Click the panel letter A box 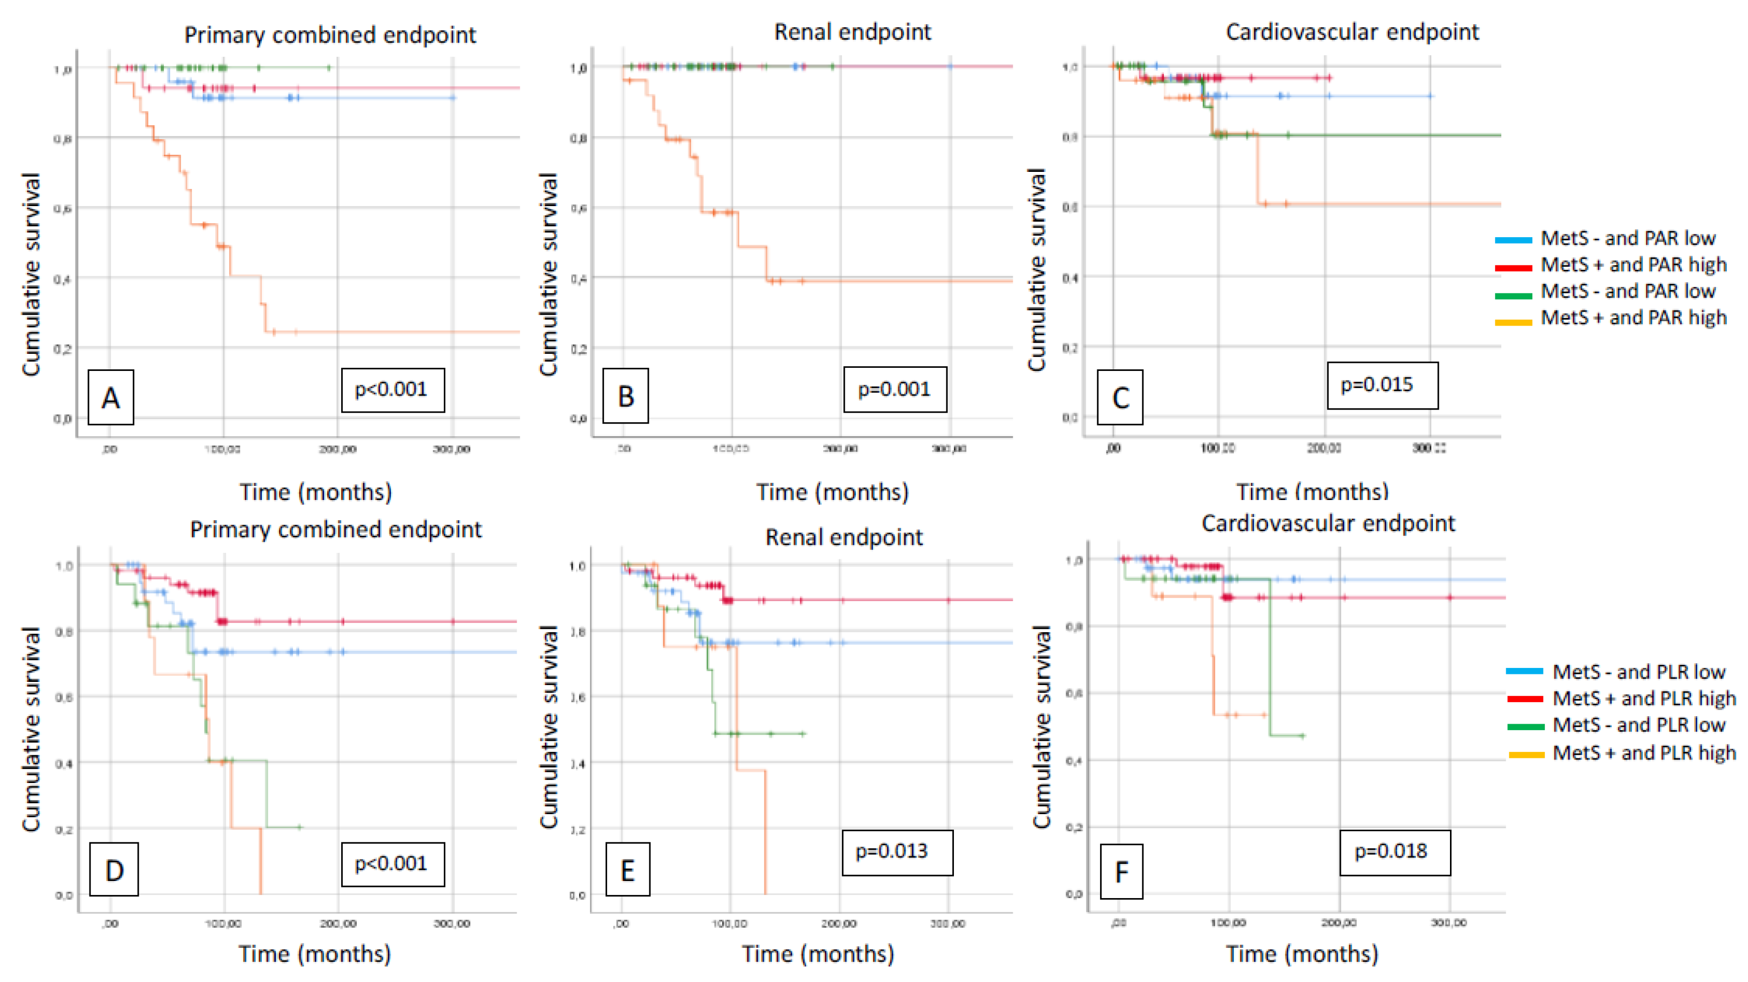coord(111,398)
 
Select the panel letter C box coord(1120,398)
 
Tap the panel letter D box coord(114,870)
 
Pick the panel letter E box coord(627,870)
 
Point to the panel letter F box coord(1121,871)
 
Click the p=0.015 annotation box coord(1382,385)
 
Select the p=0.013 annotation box coord(897,852)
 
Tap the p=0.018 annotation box coord(1395,852)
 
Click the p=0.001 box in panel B coord(895,389)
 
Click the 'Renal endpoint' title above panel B coord(852,32)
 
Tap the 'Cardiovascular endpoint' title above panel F coord(1328,523)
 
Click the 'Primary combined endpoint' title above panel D coord(335,529)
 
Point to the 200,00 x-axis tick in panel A coord(337,449)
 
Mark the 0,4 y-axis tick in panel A coord(62,279)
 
